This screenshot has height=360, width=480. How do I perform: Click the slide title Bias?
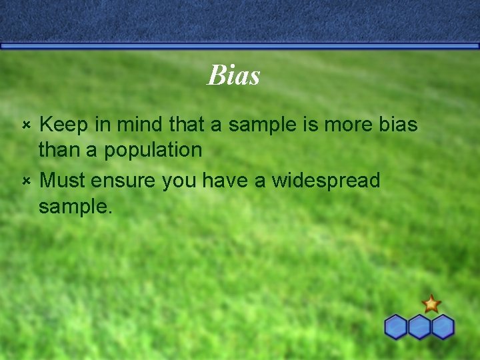pos(233,75)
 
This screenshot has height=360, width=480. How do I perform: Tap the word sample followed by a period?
pos(75,207)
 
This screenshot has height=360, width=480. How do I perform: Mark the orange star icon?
pos(431,304)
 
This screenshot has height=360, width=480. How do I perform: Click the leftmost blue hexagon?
pos(397,327)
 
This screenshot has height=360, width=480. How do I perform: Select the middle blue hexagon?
pos(420,327)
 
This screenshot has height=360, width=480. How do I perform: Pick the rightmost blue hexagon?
pos(443,327)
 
